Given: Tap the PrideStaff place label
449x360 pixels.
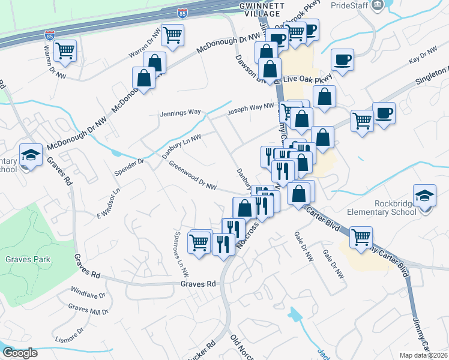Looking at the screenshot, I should [349, 5].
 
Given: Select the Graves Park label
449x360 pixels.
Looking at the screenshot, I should [28, 259].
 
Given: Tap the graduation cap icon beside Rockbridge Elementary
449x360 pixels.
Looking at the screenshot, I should [425, 196].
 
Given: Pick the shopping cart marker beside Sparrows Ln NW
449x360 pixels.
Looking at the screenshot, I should [199, 242].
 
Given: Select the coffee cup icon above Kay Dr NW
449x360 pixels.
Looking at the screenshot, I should [342, 60].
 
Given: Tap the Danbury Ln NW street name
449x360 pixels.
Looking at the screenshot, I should [181, 146].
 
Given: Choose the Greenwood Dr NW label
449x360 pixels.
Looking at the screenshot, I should [192, 175].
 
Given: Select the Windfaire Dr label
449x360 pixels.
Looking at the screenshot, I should [88, 295].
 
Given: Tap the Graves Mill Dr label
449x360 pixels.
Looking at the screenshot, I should [88, 309].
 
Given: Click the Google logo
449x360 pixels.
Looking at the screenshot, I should [20, 353].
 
